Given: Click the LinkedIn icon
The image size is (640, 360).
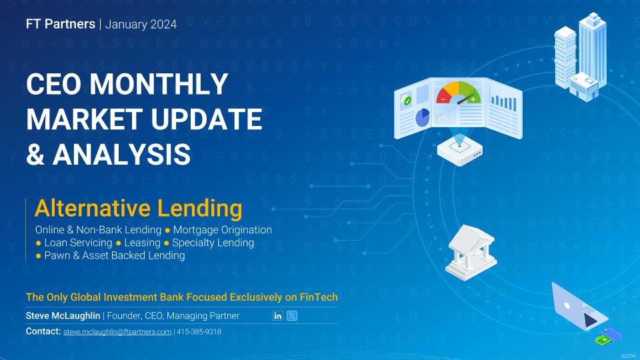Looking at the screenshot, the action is point(277,315).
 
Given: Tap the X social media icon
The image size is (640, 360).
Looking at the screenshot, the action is point(292,315).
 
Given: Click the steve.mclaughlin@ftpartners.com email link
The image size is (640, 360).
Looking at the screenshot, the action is point(117,332).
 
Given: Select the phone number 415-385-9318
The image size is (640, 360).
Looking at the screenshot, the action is point(199,332).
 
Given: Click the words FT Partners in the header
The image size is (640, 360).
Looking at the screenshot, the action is point(61,24).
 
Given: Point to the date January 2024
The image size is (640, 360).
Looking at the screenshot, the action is point(141,25).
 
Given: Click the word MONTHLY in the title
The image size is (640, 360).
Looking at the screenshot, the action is point(159,84).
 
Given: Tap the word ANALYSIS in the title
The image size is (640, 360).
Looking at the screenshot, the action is point(121,154).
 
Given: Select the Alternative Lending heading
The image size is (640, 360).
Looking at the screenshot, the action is point(139,208).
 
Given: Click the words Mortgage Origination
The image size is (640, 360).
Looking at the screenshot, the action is point(223,230).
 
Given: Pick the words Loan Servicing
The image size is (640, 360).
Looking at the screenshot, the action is point(78,243).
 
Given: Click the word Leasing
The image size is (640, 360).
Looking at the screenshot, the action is point(142,243).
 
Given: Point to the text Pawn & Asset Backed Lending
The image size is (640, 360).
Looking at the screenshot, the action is point(114,255).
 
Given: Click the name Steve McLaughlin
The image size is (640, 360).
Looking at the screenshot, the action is point(63,316).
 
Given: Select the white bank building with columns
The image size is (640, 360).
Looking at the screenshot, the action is point(471,253).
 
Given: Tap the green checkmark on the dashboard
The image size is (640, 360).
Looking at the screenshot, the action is point(407,101).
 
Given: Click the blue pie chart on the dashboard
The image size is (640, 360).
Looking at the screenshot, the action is point(423,117).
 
